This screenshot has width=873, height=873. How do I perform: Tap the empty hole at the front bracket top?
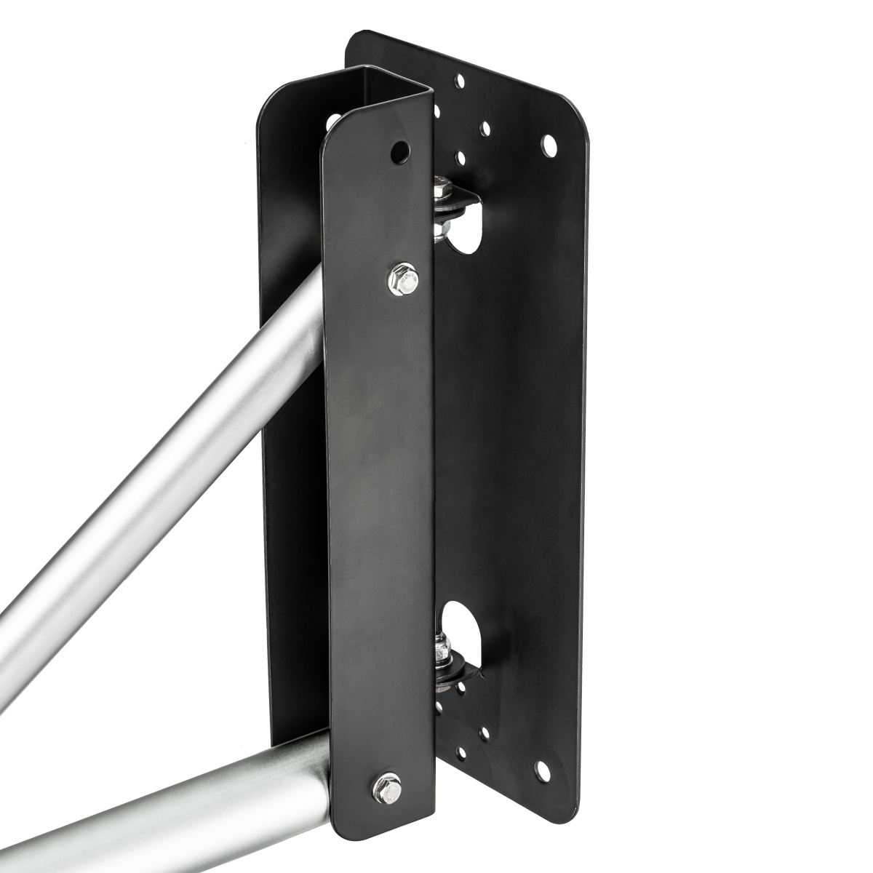398,151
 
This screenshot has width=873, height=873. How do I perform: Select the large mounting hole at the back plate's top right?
549,145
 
